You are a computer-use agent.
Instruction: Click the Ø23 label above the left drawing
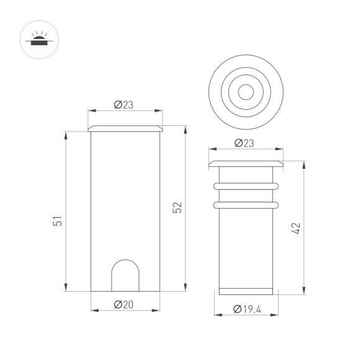(x=125, y=105)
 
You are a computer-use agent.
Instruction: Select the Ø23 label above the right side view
(x=245, y=143)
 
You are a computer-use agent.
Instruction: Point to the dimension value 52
(x=177, y=208)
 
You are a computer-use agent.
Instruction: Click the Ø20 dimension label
(x=125, y=304)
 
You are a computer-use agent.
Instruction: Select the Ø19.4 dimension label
(x=246, y=308)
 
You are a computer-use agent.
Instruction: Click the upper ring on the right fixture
(x=245, y=185)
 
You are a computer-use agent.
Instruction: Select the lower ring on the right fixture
(x=245, y=205)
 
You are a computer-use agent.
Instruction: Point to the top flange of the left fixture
(x=125, y=128)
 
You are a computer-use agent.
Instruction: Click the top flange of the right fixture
(x=245, y=163)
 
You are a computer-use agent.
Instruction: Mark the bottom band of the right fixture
(x=245, y=292)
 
